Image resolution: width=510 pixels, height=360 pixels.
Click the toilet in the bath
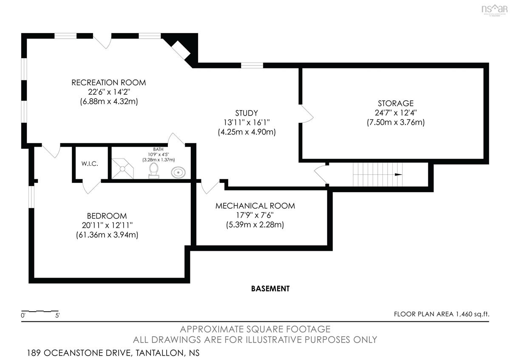tap(154, 170)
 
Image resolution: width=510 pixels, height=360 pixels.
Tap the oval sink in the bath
tap(178, 173)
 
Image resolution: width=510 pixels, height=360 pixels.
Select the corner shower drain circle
tap(122, 169)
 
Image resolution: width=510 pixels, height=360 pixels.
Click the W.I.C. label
tap(90, 164)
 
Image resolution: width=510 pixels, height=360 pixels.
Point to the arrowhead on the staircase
tap(398, 175)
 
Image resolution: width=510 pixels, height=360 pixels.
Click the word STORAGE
tap(396, 103)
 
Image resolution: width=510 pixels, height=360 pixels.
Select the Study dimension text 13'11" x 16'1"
tap(246, 122)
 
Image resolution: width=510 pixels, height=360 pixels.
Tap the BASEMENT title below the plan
tap(270, 289)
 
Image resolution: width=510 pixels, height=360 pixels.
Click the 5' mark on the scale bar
tap(57, 315)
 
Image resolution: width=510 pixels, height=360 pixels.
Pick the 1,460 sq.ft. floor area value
tap(472, 314)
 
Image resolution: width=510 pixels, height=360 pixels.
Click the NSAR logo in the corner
tap(494, 10)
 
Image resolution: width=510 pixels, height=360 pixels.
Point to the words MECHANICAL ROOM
tap(255, 206)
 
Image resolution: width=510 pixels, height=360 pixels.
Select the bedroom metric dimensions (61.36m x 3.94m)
tap(107, 235)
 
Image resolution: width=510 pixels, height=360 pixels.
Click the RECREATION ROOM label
tap(109, 82)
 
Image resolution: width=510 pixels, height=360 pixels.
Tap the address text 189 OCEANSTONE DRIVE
tap(79, 353)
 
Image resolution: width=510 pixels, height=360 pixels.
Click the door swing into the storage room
tap(307, 114)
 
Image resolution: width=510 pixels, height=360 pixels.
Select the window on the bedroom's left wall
tap(31, 197)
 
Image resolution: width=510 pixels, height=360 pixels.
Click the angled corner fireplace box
tap(181, 51)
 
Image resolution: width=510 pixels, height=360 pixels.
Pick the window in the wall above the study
tap(252, 65)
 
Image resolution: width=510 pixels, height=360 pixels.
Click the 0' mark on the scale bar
tap(23, 315)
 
